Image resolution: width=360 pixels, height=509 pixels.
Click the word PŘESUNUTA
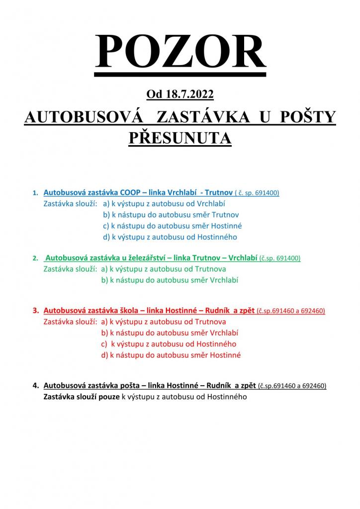pyautogui.click(x=180, y=138)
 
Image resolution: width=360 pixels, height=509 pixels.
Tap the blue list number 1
pyautogui.click(x=35, y=193)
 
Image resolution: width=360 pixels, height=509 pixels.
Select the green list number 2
pyautogui.click(x=35, y=258)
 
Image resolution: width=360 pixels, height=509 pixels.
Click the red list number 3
pyautogui.click(x=35, y=311)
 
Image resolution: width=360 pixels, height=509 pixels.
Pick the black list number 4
pyautogui.click(x=35, y=385)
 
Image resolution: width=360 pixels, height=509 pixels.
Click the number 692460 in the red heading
pyautogui.click(x=311, y=311)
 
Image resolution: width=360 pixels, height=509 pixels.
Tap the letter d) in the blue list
pyautogui.click(x=106, y=237)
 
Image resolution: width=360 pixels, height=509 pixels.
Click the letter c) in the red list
pyautogui.click(x=104, y=344)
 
